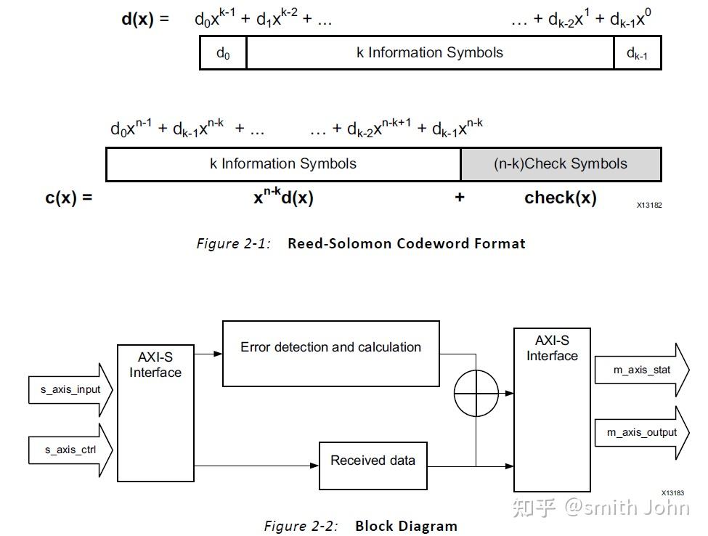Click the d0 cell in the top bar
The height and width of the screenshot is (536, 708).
tap(223, 53)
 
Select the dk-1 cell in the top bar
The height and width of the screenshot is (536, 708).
tap(637, 53)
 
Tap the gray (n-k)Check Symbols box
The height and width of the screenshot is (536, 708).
tap(561, 164)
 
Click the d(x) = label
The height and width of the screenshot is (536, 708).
tap(145, 19)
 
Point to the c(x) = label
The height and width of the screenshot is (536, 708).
tap(69, 198)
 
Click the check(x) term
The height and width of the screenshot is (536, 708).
tap(560, 198)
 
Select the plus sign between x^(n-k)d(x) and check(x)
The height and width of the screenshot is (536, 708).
tap(460, 198)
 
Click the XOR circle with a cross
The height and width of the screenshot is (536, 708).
tap(476, 392)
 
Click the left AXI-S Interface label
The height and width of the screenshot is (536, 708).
tap(155, 365)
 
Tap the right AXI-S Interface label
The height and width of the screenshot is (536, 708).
tap(552, 348)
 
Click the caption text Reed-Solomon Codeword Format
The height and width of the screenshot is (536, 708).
tap(406, 243)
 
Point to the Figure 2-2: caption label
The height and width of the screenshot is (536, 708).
tap(301, 526)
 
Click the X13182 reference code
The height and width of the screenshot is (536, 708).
tap(649, 205)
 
